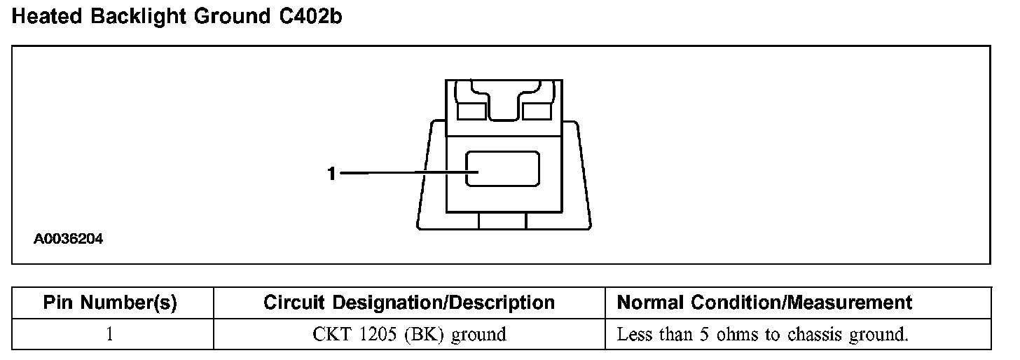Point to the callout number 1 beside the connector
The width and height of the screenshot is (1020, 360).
[332, 172]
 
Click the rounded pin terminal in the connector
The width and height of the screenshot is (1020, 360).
[503, 169]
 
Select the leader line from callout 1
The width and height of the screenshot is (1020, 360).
[403, 172]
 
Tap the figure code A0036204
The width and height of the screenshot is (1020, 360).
[69, 239]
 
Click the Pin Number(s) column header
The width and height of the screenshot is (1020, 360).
[110, 303]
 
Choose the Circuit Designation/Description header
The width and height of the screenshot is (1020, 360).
[409, 303]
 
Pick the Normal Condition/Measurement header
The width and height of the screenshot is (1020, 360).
[764, 303]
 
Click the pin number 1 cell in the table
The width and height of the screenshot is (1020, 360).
[110, 334]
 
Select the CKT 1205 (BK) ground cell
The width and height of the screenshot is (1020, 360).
[409, 334]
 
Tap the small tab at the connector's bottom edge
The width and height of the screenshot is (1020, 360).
[502, 221]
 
